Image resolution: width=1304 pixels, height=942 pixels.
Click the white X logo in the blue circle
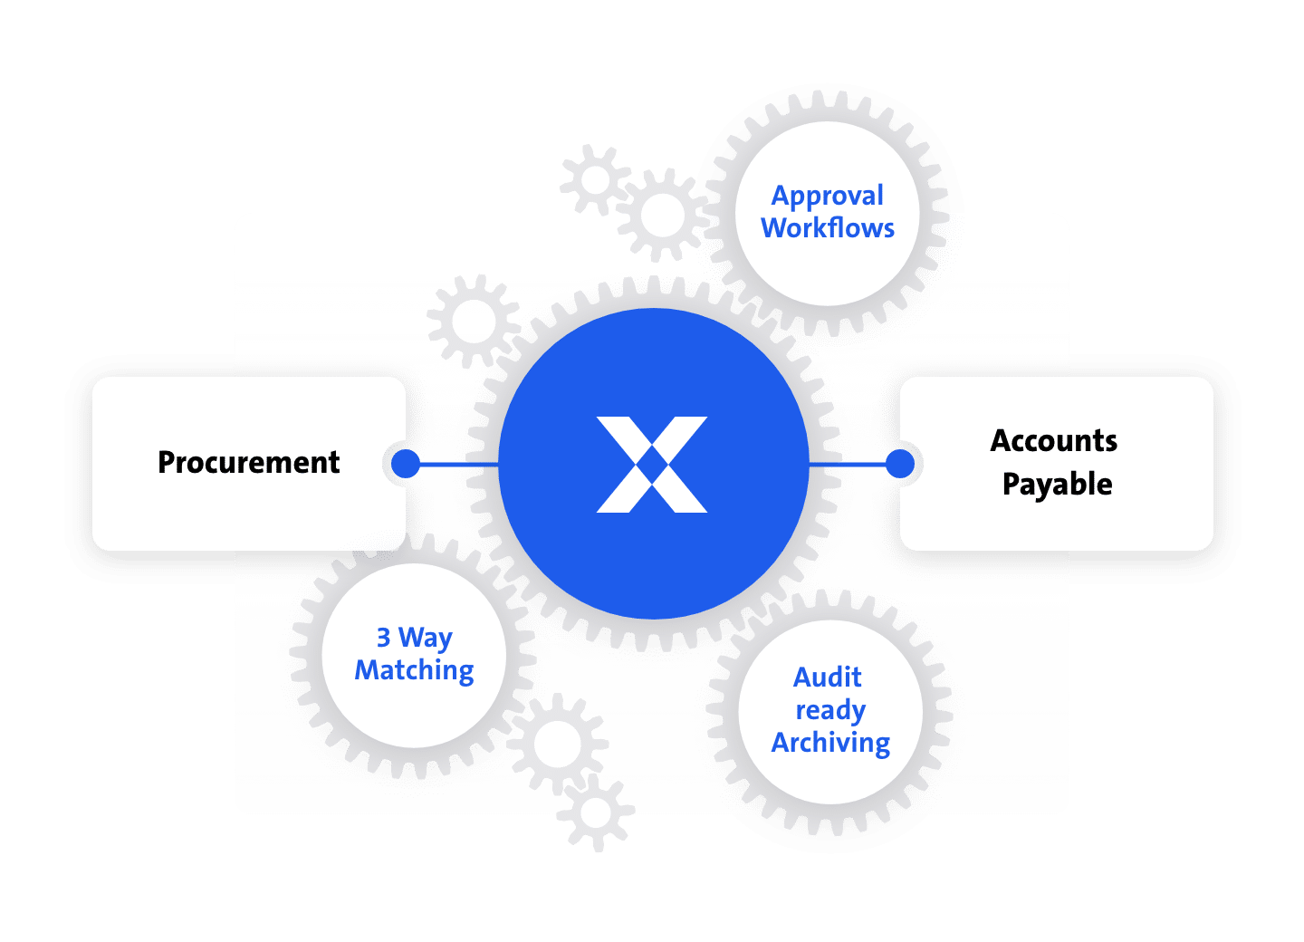pyautogui.click(x=652, y=465)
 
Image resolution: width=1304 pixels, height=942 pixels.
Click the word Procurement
pyautogui.click(x=248, y=463)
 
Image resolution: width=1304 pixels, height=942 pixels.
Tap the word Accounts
pyautogui.click(x=1054, y=441)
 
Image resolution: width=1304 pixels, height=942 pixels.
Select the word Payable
pyautogui.click(x=1057, y=485)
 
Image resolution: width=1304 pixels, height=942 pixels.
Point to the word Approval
pyautogui.click(x=828, y=196)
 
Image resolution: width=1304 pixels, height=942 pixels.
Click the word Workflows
pyautogui.click(x=828, y=227)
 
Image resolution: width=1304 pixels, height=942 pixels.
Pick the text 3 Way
pyautogui.click(x=414, y=638)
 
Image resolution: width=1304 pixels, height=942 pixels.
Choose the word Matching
pyautogui.click(x=414, y=670)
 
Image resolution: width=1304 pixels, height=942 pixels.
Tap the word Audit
pyautogui.click(x=828, y=678)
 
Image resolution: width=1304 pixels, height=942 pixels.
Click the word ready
pyautogui.click(x=830, y=711)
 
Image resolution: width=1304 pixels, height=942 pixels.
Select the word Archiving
pyautogui.click(x=830, y=743)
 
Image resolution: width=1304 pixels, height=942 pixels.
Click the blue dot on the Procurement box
pyautogui.click(x=405, y=464)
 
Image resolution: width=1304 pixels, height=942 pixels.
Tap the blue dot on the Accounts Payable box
pyautogui.click(x=900, y=464)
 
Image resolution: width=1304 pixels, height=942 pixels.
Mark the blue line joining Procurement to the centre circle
pyautogui.click(x=459, y=464)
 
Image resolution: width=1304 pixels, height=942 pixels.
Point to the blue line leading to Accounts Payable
pyautogui.click(x=847, y=464)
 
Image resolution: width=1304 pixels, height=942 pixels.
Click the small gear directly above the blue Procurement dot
pyautogui.click(x=474, y=322)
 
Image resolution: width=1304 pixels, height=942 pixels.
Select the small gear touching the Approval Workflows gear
pyautogui.click(x=663, y=215)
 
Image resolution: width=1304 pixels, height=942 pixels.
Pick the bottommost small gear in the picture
pyautogui.click(x=596, y=812)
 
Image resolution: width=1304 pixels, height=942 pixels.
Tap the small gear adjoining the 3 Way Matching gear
pyautogui.click(x=557, y=744)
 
